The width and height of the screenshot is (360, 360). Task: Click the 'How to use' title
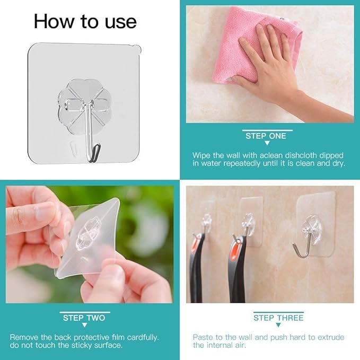tap(85, 22)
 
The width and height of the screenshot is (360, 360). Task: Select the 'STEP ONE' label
tap(266, 136)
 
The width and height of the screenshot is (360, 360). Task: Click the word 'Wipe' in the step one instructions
tap(201, 155)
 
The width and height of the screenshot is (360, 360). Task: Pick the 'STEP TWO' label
tap(84, 318)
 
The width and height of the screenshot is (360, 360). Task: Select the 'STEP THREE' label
tap(278, 318)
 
